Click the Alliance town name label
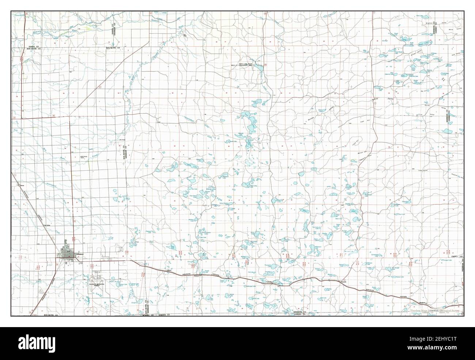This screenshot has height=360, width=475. point(80,254)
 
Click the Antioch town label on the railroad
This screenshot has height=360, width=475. point(195,276)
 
